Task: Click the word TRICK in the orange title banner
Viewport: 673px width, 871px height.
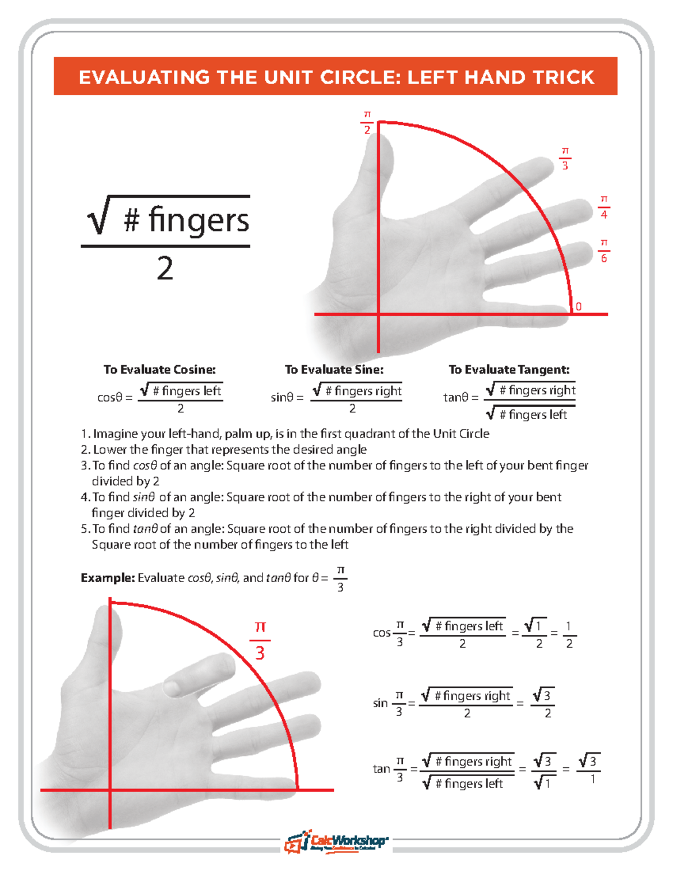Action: pos(563,77)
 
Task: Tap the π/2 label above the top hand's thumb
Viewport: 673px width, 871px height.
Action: pos(367,122)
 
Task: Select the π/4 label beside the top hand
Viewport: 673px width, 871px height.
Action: pos(603,207)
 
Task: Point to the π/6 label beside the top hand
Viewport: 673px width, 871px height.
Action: pos(603,251)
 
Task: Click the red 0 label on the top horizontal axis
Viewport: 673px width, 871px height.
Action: pos(579,307)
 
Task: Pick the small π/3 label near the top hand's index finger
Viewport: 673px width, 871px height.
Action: pos(565,159)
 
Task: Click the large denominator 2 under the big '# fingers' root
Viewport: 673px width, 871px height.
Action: pos(165,269)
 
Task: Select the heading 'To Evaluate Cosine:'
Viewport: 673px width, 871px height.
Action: pos(159,370)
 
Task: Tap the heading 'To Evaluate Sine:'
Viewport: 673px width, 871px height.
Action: pos(334,370)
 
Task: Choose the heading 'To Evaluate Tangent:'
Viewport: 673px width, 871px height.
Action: pos(509,370)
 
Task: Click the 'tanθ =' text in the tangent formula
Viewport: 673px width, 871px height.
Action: pos(460,398)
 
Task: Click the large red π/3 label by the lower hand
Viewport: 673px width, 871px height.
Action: pos(260,640)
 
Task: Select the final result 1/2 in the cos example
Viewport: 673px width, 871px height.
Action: pos(569,634)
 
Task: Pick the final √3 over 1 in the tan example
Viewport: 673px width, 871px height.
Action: pos(589,769)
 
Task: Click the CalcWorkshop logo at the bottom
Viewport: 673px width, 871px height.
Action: pos(336,841)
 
